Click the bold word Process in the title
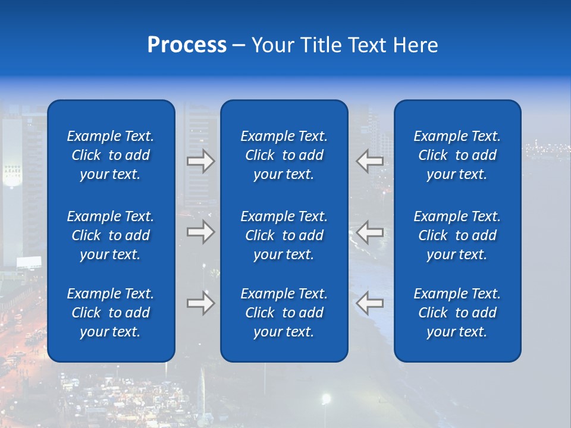click(x=187, y=45)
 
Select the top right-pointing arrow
click(x=200, y=161)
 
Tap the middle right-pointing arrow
click(x=200, y=232)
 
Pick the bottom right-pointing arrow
click(x=200, y=303)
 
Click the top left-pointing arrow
click(x=369, y=161)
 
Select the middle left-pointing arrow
click(x=369, y=232)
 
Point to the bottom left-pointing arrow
click(x=369, y=303)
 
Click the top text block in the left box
click(x=111, y=155)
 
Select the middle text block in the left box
click(x=111, y=235)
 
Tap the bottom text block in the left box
click(x=111, y=313)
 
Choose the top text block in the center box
click(x=284, y=155)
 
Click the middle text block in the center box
click(x=284, y=235)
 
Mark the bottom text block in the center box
click(x=284, y=313)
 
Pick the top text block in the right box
click(x=457, y=155)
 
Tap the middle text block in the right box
click(x=457, y=235)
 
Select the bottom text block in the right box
click(x=457, y=313)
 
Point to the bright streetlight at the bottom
click(x=325, y=398)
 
